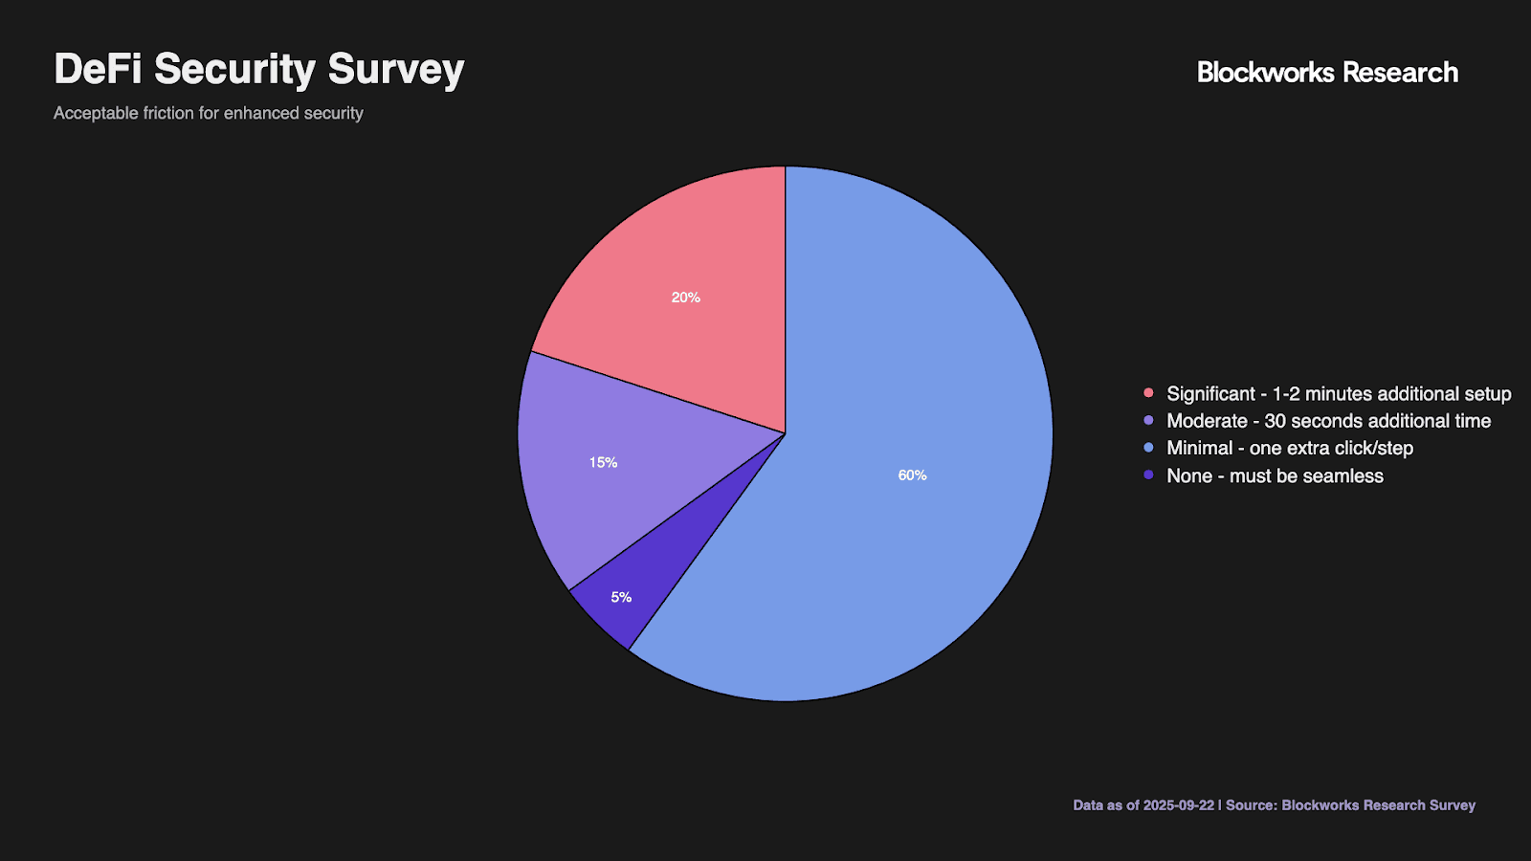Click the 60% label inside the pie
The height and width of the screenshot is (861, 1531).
[x=912, y=475]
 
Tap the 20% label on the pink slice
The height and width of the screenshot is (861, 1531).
[x=685, y=298]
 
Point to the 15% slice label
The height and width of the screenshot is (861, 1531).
[x=603, y=462]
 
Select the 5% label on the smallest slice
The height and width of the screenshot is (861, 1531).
[x=621, y=597]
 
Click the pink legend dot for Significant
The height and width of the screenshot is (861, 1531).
[x=1148, y=393]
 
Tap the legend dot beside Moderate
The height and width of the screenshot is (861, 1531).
[x=1148, y=420]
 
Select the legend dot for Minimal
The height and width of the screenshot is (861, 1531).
[x=1148, y=447]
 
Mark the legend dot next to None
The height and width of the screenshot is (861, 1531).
[x=1148, y=475]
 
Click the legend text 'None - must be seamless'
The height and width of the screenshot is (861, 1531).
[x=1275, y=475]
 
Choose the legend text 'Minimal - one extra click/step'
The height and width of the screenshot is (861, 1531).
[x=1289, y=448]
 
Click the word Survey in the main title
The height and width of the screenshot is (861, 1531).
[x=395, y=70]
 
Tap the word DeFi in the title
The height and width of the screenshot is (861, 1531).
[x=97, y=70]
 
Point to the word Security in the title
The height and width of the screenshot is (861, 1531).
[x=234, y=70]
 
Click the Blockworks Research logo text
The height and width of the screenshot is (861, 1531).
[x=1327, y=73]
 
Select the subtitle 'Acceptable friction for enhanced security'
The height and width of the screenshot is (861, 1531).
[x=208, y=113]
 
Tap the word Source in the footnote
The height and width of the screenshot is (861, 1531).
[x=1250, y=806]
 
